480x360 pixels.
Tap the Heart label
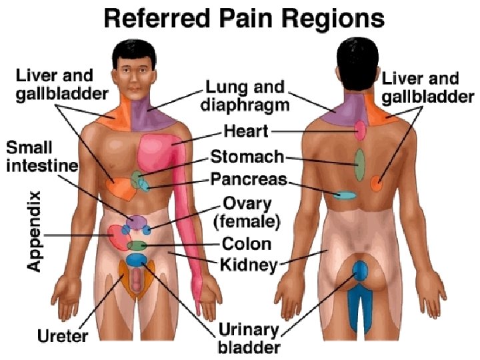click(x=246, y=131)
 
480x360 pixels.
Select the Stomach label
click(x=247, y=157)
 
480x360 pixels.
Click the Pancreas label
click(x=249, y=179)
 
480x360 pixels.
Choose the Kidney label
click(x=249, y=265)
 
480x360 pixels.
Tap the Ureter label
click(x=61, y=335)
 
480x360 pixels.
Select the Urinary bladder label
click(x=249, y=338)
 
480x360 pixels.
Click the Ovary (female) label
click(x=247, y=211)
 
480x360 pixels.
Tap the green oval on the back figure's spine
click(x=359, y=165)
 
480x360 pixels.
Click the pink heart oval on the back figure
click(x=360, y=130)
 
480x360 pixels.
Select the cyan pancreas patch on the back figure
click(x=345, y=195)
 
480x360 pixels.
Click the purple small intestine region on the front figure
click(x=137, y=222)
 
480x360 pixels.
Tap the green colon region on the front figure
click(x=137, y=245)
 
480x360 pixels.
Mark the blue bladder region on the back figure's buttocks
click(x=360, y=271)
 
